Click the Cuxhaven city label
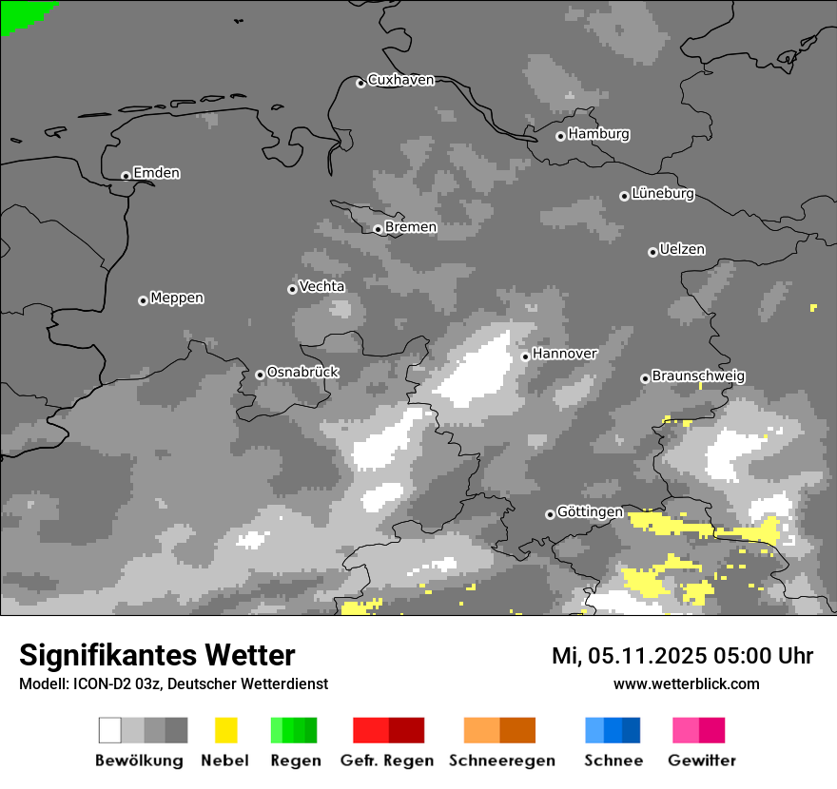coord(400,81)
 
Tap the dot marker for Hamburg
coord(560,136)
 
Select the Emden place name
coord(156,173)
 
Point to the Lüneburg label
coord(662,194)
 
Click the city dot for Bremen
coord(378,229)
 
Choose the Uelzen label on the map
coord(682,250)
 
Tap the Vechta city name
coord(321,287)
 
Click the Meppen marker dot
coord(143,300)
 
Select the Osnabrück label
coord(302,373)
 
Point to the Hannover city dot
coord(525,356)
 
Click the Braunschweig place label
coord(698,376)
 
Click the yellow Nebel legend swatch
coord(225,730)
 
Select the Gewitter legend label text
coord(702,760)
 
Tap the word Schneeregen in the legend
coord(502,760)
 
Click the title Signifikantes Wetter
coord(157,656)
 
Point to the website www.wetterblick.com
coord(686,684)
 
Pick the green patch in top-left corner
coord(21,13)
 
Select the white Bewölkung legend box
coord(110,730)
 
